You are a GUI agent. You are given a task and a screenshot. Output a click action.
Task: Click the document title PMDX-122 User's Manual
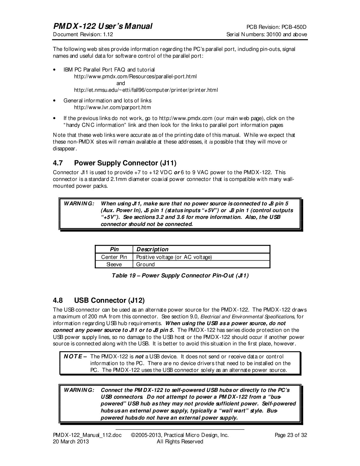coord(102,26)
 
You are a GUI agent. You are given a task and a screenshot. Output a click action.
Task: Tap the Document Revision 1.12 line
coord(83,34)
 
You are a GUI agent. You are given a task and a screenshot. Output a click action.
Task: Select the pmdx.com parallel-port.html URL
coord(135,76)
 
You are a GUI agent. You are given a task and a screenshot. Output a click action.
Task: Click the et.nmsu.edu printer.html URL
coord(146,90)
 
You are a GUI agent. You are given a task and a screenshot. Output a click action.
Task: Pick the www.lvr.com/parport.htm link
coord(112,107)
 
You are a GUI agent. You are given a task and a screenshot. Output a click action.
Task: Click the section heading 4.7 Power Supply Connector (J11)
coord(114,163)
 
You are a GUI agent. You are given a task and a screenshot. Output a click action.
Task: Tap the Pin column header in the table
coord(114,249)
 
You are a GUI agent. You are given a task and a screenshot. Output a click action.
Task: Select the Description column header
coord(152,249)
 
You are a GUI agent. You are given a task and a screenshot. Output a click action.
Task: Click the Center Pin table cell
coord(114,257)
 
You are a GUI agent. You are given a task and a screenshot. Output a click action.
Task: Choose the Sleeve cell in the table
coord(114,264)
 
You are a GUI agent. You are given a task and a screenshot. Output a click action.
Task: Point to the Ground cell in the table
coord(145,264)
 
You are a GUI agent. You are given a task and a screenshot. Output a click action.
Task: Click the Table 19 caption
coord(180,276)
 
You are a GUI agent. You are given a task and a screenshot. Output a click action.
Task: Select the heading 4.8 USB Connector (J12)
coord(99,300)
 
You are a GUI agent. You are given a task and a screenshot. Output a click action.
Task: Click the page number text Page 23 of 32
coord(291,435)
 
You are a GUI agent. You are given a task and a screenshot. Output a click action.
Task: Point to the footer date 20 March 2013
coord(71,442)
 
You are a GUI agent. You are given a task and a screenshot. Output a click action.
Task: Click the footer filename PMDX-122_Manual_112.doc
coord(87,435)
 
